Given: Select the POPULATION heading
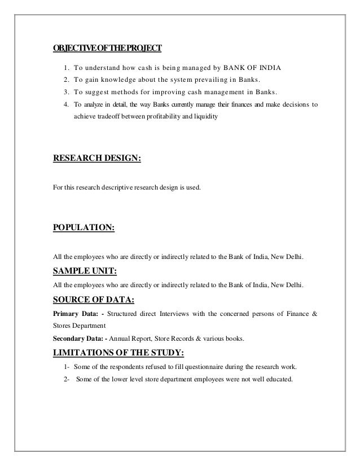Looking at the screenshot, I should [84, 228].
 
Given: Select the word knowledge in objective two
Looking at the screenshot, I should [121, 81].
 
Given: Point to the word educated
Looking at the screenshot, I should [276, 379].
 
